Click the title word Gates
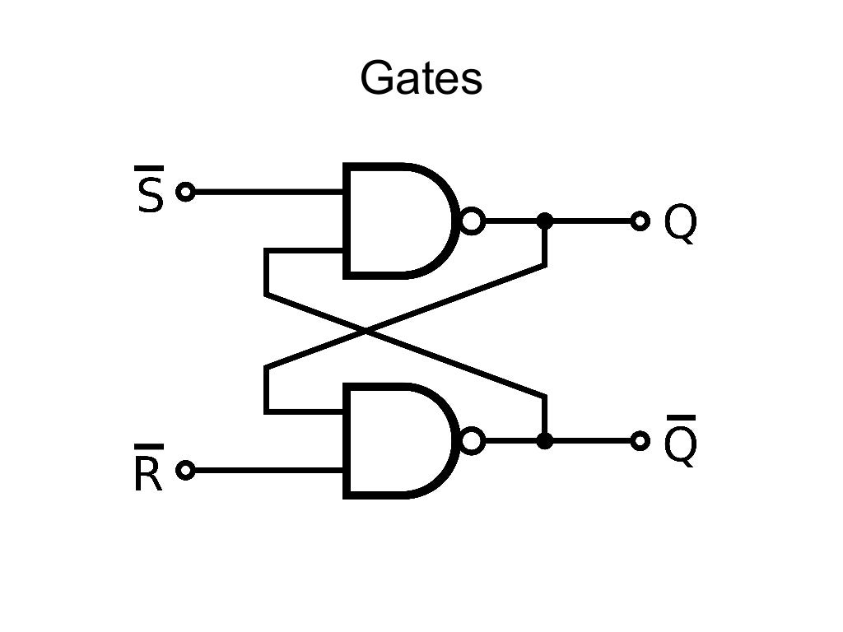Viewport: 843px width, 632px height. [x=421, y=79]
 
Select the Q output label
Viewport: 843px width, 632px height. [x=680, y=222]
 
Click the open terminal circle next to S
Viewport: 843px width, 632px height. [x=186, y=193]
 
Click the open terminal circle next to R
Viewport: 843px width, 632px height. [x=186, y=470]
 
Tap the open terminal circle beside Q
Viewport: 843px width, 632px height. [x=640, y=221]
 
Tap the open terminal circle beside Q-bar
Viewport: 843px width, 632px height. [x=640, y=441]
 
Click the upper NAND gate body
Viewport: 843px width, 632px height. [x=395, y=221]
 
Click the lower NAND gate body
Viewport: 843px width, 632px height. [x=395, y=441]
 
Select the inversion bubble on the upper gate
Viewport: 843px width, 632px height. [x=472, y=221]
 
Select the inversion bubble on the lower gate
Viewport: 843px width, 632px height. [x=472, y=441]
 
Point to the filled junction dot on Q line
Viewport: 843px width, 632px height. [x=544, y=221]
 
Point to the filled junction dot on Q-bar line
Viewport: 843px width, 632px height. [x=544, y=441]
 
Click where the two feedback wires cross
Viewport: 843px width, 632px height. [x=366, y=331]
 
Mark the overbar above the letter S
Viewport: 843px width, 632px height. [x=149, y=169]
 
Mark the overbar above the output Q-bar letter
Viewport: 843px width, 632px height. [x=680, y=417]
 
